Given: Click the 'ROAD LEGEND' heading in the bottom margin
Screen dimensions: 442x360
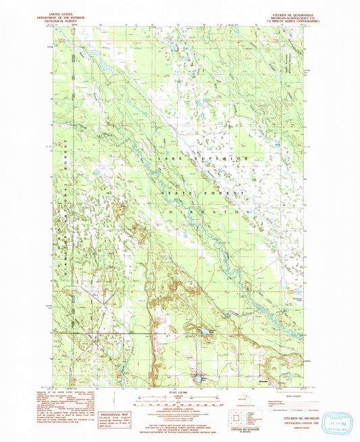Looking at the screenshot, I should coord(277,395).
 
